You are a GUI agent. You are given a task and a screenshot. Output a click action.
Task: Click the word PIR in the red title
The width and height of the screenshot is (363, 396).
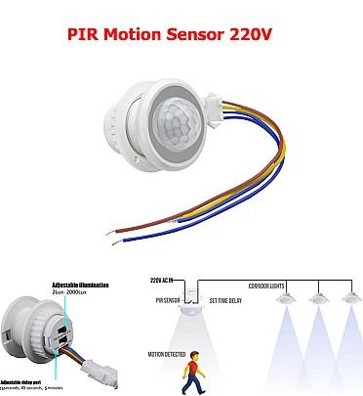pos(83,32)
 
